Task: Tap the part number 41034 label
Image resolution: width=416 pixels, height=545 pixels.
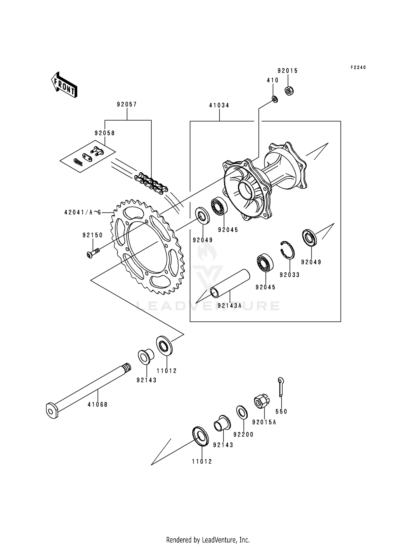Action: point(219,106)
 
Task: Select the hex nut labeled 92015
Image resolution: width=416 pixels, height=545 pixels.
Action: point(289,91)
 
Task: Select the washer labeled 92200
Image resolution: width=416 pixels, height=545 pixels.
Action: point(242,412)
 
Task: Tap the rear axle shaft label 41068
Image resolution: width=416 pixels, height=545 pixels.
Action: point(98,404)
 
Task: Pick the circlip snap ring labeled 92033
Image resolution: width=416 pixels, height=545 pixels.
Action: point(288,249)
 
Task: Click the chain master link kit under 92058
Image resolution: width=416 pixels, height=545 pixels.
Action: point(88,156)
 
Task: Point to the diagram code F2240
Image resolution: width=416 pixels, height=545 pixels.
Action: point(358,67)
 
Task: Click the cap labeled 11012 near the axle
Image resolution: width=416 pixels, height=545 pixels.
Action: point(164,345)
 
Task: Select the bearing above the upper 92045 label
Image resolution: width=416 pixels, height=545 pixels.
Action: point(219,207)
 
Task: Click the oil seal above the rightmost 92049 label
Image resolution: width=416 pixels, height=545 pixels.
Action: point(309,237)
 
